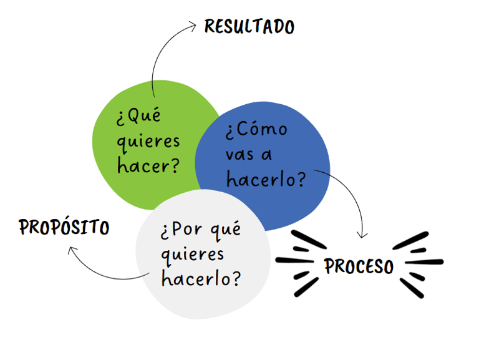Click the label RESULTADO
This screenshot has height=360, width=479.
point(249,27)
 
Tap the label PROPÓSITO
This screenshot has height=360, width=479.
point(64,227)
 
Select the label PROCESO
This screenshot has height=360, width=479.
point(359,266)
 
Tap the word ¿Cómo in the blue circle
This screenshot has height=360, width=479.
point(256,130)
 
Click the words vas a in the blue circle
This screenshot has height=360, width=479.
point(249,154)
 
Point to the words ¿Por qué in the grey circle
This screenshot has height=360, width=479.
point(200,229)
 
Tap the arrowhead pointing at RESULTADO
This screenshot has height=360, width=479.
point(194,26)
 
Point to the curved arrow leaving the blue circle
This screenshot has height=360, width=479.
point(356,193)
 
